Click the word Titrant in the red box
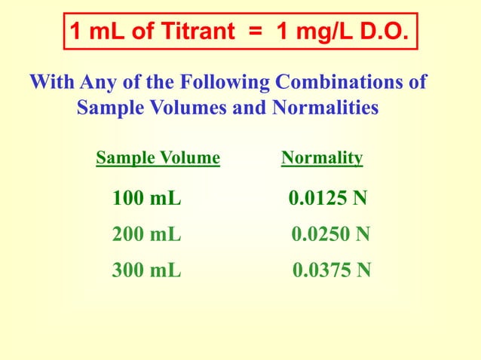pyautogui.click(x=179, y=32)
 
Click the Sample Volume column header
pyautogui.click(x=158, y=158)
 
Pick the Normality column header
pyautogui.click(x=322, y=158)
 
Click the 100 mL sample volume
pyautogui.click(x=147, y=200)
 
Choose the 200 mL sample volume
pyautogui.click(x=147, y=235)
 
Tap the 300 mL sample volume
pyautogui.click(x=147, y=270)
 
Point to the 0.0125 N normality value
pyautogui.click(x=328, y=200)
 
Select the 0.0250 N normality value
pyautogui.click(x=330, y=235)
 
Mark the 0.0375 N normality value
pyautogui.click(x=331, y=270)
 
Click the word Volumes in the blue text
pyautogui.click(x=175, y=108)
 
